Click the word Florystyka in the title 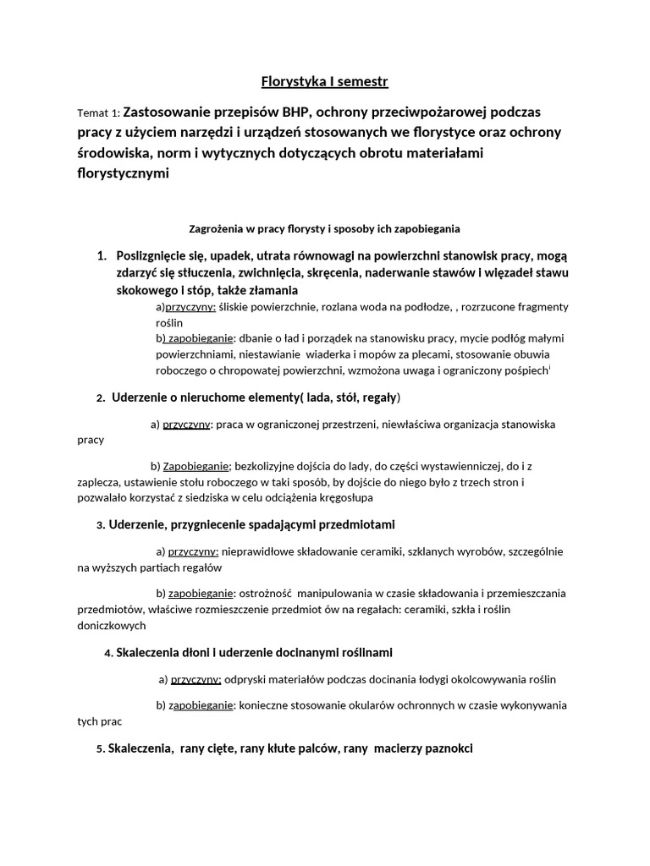pyautogui.click(x=293, y=82)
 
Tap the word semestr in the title pyautogui.click(x=361, y=82)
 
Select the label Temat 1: pyautogui.click(x=98, y=113)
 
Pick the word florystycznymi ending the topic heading pyautogui.click(x=123, y=173)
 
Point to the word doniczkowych pyautogui.click(x=112, y=626)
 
